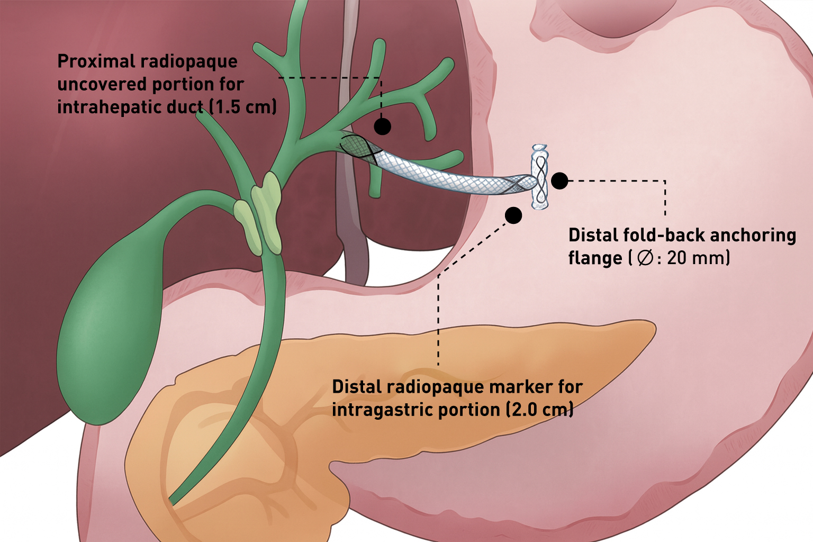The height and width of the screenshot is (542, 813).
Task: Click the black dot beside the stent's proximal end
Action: (x=382, y=127)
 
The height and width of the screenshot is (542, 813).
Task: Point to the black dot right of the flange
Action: (x=559, y=180)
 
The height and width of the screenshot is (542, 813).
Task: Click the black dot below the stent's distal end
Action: (x=513, y=215)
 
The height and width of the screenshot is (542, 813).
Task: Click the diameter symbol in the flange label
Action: (x=645, y=258)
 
